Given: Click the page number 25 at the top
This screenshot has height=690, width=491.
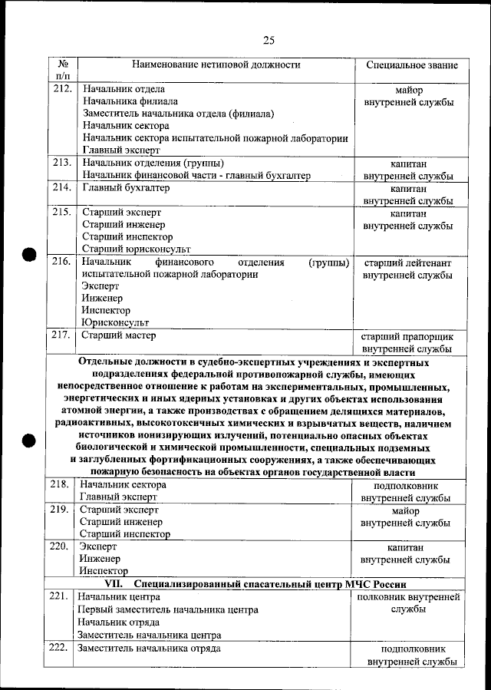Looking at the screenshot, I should [x=269, y=40].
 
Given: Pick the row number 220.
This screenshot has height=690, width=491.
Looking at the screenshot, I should [x=61, y=546].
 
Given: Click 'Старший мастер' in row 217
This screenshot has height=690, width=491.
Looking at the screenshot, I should [x=119, y=335].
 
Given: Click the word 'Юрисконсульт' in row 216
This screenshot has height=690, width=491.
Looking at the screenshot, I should [x=115, y=323].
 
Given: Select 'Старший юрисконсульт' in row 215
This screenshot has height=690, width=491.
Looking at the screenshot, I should [x=136, y=249].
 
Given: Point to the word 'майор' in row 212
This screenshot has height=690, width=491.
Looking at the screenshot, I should [x=407, y=90].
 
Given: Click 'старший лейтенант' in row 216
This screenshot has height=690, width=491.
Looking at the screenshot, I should [x=407, y=262].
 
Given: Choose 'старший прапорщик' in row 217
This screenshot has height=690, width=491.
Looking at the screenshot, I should [x=407, y=336].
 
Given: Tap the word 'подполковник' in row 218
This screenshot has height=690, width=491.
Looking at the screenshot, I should [x=407, y=485].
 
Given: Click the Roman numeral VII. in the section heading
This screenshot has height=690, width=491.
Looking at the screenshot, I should [x=115, y=584].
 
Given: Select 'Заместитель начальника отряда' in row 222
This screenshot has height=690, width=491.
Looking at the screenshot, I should [x=149, y=649].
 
